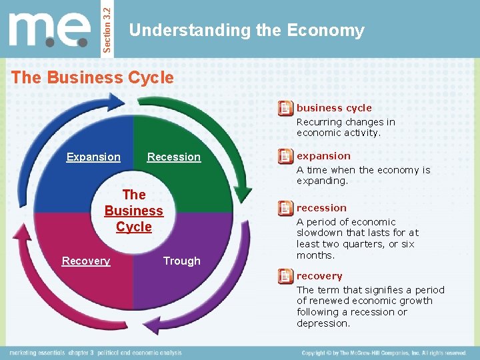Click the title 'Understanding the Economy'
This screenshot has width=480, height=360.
(x=247, y=31)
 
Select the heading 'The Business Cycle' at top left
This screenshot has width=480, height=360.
(x=93, y=77)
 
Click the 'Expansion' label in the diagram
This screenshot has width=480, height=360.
(x=93, y=157)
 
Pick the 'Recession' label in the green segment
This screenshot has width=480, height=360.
(x=173, y=157)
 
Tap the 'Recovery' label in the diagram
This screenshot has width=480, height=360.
(x=86, y=261)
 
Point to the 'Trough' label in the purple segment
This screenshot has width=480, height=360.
(x=181, y=261)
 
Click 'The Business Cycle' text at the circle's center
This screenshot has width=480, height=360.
(x=134, y=211)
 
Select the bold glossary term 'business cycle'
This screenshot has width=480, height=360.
(x=334, y=108)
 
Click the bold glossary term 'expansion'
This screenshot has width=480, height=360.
(x=323, y=156)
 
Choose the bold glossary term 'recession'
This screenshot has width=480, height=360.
(x=321, y=208)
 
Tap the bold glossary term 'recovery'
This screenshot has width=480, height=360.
(x=319, y=276)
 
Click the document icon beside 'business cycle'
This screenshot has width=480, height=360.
(x=285, y=108)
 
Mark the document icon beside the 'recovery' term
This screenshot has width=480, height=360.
(x=285, y=276)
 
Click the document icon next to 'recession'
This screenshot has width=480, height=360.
(x=285, y=208)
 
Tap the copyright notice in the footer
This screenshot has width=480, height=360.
(x=383, y=353)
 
